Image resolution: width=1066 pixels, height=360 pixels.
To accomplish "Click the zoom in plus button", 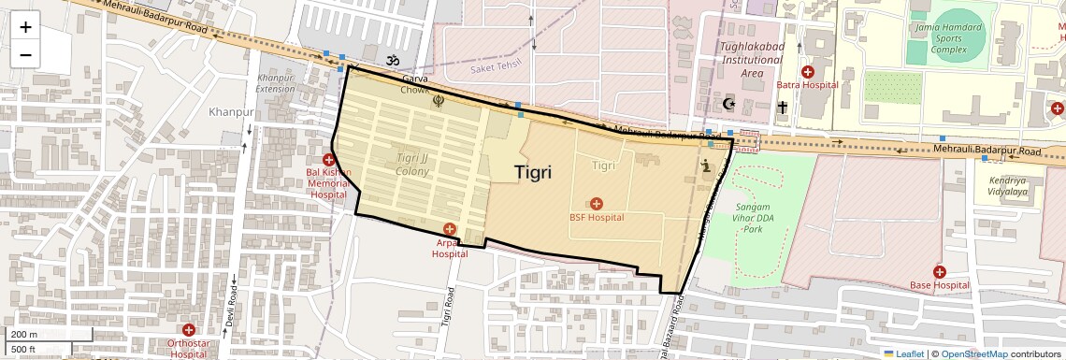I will (x=25, y=26).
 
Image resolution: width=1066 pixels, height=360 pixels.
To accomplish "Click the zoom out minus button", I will (x=25, y=54).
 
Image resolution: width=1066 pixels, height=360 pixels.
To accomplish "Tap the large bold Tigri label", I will (x=533, y=172).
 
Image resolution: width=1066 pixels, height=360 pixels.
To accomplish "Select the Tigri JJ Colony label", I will (x=413, y=165).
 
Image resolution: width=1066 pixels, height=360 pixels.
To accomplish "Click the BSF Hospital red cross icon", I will (x=597, y=204).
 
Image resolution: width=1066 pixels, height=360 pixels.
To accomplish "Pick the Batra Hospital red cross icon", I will (x=808, y=72).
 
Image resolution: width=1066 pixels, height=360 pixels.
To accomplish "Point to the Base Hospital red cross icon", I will (x=939, y=272).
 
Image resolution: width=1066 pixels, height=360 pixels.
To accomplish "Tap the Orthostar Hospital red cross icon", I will (x=189, y=330).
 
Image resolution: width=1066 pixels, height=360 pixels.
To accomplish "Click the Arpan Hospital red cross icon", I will (x=450, y=229).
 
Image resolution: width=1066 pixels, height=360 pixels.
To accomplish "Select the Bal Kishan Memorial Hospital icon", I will (x=328, y=161).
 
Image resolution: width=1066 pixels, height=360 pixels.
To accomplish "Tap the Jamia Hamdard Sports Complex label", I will (x=948, y=37).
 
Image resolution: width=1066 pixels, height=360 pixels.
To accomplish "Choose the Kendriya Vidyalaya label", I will (x=1008, y=184).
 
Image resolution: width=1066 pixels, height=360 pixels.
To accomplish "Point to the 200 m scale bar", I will (x=47, y=334).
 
